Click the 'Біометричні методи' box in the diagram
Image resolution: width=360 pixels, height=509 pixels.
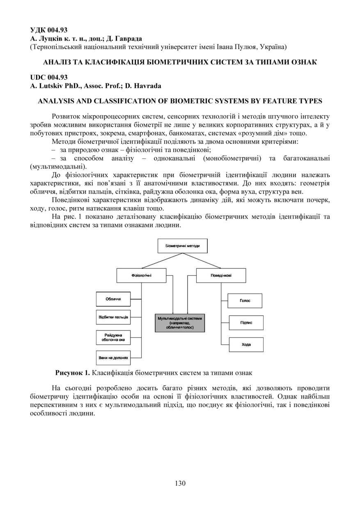tap(183, 246)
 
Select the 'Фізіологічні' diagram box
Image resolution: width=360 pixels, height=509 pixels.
tap(142, 275)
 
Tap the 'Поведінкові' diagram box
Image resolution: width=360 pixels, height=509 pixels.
tap(221, 275)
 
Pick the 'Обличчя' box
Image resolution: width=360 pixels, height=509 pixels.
tap(113, 299)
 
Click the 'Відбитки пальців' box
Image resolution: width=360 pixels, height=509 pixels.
tap(113, 317)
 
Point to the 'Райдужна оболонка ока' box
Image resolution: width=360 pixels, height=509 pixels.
tap(113, 337)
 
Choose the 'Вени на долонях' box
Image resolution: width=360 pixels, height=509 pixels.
tap(113, 358)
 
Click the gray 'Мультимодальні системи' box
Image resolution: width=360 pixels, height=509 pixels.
tap(180, 323)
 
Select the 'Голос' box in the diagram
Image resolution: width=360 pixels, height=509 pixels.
tap(245, 300)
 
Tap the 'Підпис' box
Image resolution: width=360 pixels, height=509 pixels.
tap(246, 323)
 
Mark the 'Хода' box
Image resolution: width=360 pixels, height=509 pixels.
tap(246, 344)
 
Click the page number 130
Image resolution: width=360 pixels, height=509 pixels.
tap(180, 483)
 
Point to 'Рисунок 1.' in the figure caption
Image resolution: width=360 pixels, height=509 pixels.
tap(72, 373)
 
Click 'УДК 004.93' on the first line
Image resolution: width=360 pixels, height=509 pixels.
tap(49, 30)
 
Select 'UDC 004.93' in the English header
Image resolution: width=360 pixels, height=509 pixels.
tap(49, 77)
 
